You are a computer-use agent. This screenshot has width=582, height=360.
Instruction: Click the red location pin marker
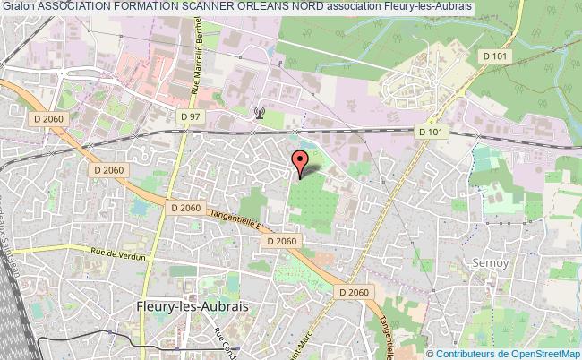pos(300,162)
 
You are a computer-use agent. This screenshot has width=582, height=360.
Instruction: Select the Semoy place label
pos(490,263)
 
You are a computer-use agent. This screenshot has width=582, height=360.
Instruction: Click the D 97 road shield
pos(190,117)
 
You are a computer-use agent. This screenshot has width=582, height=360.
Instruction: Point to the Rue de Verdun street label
pos(118,253)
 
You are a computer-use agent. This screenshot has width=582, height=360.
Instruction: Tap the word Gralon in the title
pos(17,7)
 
